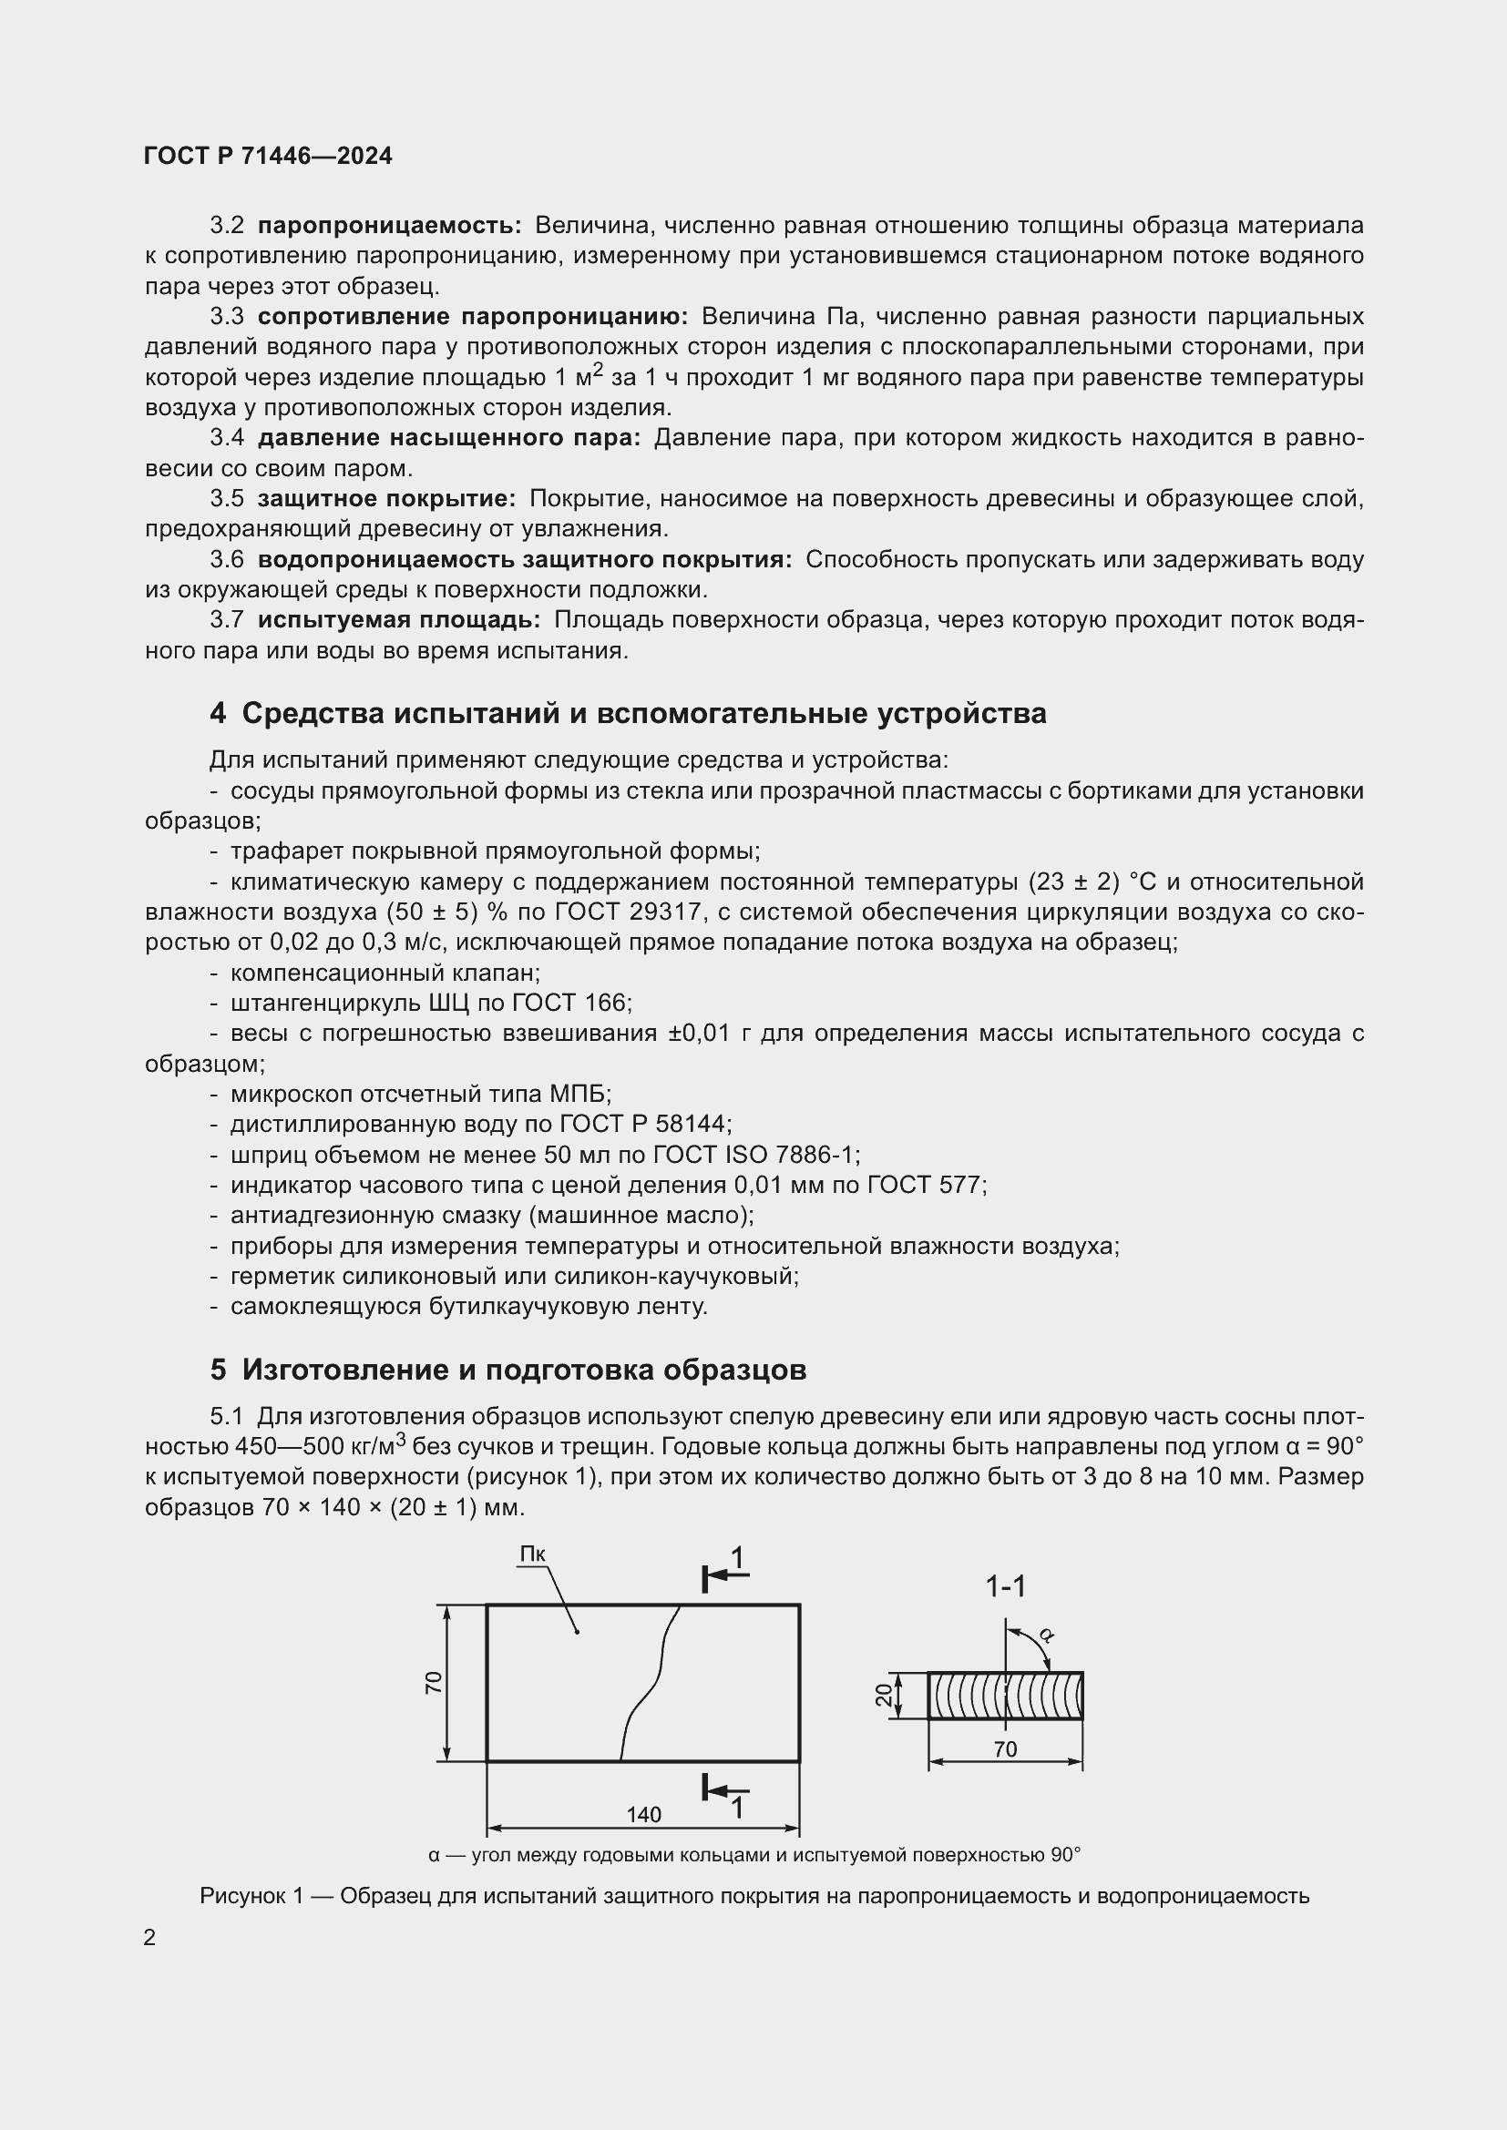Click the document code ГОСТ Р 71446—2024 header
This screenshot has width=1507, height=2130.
(x=268, y=157)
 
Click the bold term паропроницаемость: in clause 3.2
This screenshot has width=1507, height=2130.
(x=390, y=226)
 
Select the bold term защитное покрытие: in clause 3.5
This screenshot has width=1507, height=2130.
(x=386, y=499)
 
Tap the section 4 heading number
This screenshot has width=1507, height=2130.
(x=218, y=713)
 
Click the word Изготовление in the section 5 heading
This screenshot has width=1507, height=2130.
(x=356, y=1371)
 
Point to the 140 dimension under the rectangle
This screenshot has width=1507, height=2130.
(x=643, y=1815)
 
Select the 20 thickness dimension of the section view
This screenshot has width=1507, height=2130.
(x=885, y=1695)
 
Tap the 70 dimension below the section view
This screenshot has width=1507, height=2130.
(x=1005, y=1749)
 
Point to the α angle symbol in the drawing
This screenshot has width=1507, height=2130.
(x=1046, y=1634)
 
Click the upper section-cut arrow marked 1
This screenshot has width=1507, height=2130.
(x=725, y=1575)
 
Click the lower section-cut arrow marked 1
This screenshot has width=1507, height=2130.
(x=725, y=1796)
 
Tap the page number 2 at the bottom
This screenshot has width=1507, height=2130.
(x=149, y=1938)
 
